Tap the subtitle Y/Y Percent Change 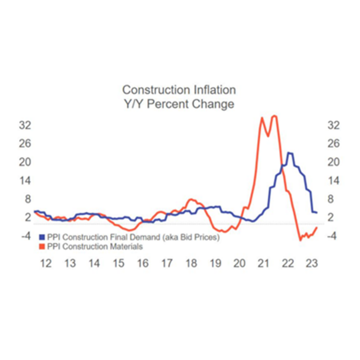(x=179, y=104)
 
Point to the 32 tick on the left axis (x=25, y=125)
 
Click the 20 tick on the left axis (x=25, y=162)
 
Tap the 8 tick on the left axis (x=27, y=199)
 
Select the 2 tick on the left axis (x=27, y=218)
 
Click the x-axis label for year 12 (x=46, y=263)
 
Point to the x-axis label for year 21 (x=263, y=263)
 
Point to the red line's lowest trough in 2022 (x=301, y=240)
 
